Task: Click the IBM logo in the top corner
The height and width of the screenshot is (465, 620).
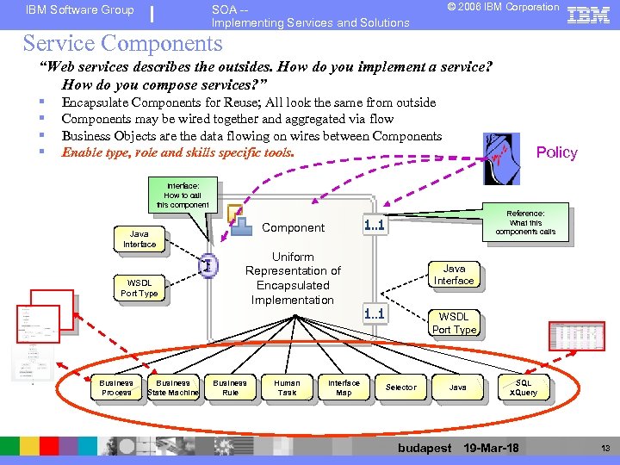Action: [589, 15]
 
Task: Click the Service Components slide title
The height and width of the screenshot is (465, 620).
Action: [122, 43]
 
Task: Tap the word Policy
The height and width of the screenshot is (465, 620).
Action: [556, 152]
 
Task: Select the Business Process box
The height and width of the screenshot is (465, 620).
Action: [116, 387]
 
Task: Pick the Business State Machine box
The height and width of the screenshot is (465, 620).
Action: [173, 387]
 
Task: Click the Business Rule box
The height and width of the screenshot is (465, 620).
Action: [230, 387]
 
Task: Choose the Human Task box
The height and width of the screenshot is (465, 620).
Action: [287, 387]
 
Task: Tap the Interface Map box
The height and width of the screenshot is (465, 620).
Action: [344, 387]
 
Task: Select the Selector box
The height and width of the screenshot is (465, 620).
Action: [400, 387]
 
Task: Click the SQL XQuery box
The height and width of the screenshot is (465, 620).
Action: [524, 387]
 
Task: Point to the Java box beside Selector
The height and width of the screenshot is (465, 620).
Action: [458, 387]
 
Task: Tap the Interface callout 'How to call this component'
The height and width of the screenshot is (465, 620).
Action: [183, 195]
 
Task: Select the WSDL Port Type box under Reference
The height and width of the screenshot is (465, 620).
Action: [454, 323]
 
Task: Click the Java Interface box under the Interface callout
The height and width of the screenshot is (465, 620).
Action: [139, 239]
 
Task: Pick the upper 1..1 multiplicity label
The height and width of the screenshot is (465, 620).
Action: [374, 226]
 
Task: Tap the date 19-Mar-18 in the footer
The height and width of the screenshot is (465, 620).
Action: [491, 448]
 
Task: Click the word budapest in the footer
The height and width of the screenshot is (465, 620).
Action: [425, 448]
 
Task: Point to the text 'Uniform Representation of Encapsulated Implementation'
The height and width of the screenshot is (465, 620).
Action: [293, 278]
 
